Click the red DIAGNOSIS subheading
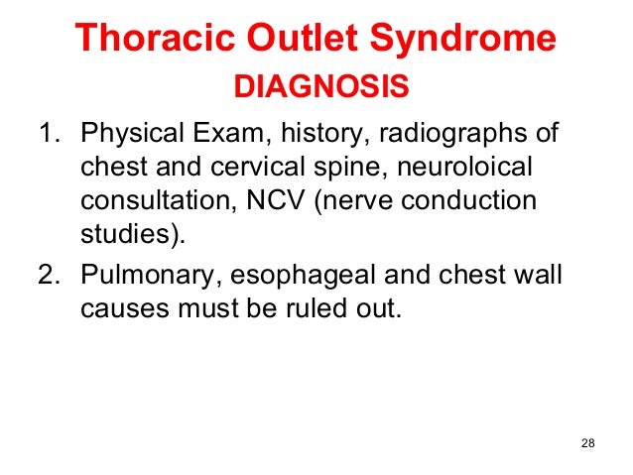[320, 88]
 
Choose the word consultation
[150, 202]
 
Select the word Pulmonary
[133, 274]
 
